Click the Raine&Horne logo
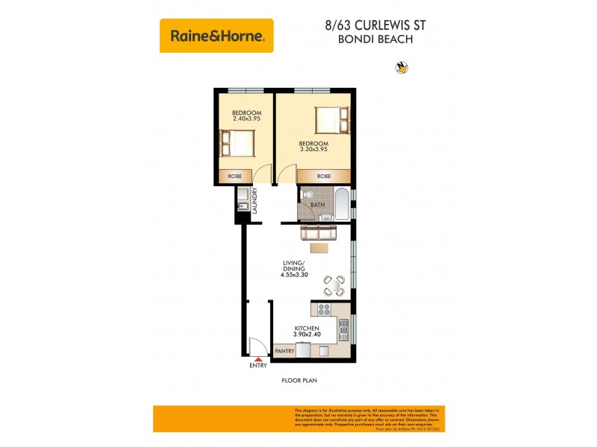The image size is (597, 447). click(216, 35)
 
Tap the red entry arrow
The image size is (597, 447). click(257, 359)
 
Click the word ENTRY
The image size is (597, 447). click(257, 366)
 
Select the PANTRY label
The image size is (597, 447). click(284, 351)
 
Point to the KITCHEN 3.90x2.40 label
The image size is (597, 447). click(307, 332)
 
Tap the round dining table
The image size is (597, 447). click(334, 285)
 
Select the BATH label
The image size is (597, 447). click(318, 205)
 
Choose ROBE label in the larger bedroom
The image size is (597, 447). click(323, 177)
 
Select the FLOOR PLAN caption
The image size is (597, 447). click(299, 381)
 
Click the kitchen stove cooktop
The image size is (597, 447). click(324, 309)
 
